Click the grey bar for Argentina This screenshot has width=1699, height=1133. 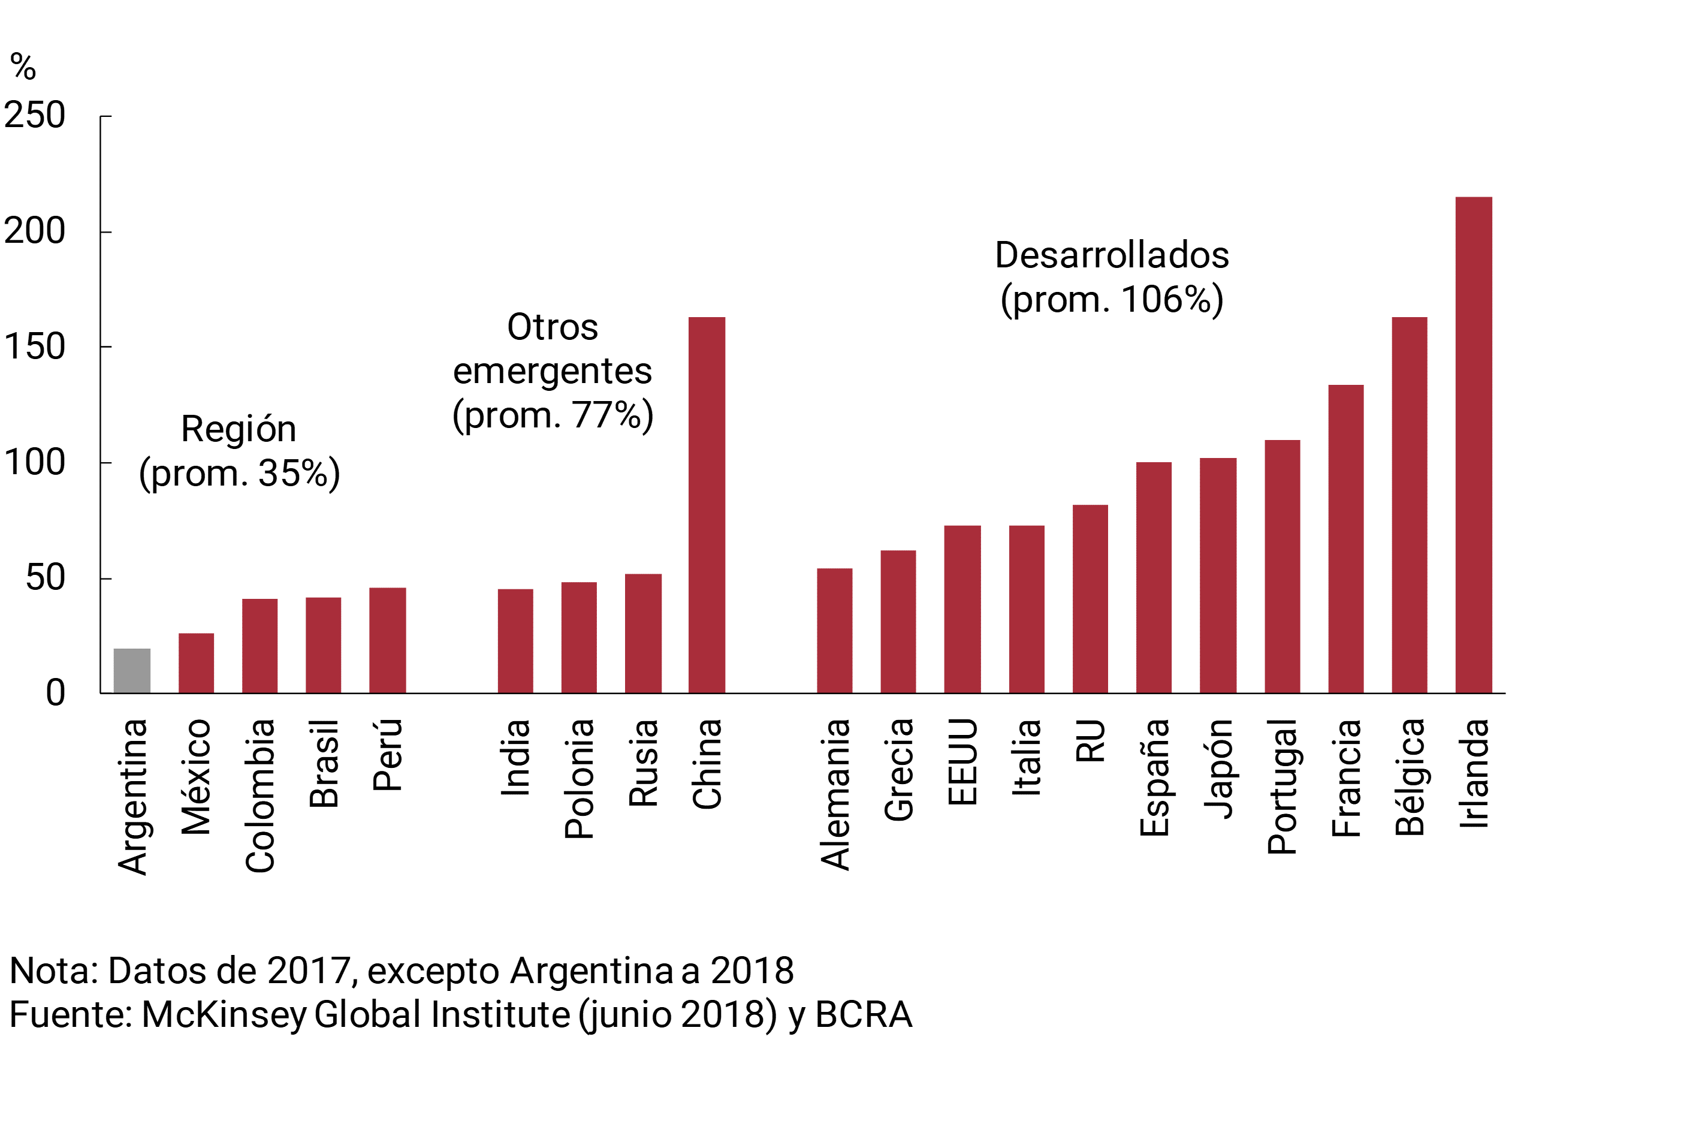132,671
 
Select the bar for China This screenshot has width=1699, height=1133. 707,505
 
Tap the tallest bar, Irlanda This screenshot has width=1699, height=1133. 1474,445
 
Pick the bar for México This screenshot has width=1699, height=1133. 196,664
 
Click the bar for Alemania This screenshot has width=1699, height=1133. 834,631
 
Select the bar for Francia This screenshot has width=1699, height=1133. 1346,539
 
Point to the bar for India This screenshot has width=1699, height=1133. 515,641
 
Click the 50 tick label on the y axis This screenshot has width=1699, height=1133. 45,578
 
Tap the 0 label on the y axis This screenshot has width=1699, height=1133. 56,693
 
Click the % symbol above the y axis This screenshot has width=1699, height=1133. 23,67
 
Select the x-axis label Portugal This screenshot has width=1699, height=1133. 1282,787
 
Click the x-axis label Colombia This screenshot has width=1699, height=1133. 260,795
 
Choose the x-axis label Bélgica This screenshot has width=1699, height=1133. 1410,778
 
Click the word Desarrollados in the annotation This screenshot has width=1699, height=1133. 1112,255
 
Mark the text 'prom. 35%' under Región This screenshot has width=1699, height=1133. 239,474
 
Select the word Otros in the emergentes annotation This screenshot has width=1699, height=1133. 553,327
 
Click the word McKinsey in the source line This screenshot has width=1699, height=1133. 224,1014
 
